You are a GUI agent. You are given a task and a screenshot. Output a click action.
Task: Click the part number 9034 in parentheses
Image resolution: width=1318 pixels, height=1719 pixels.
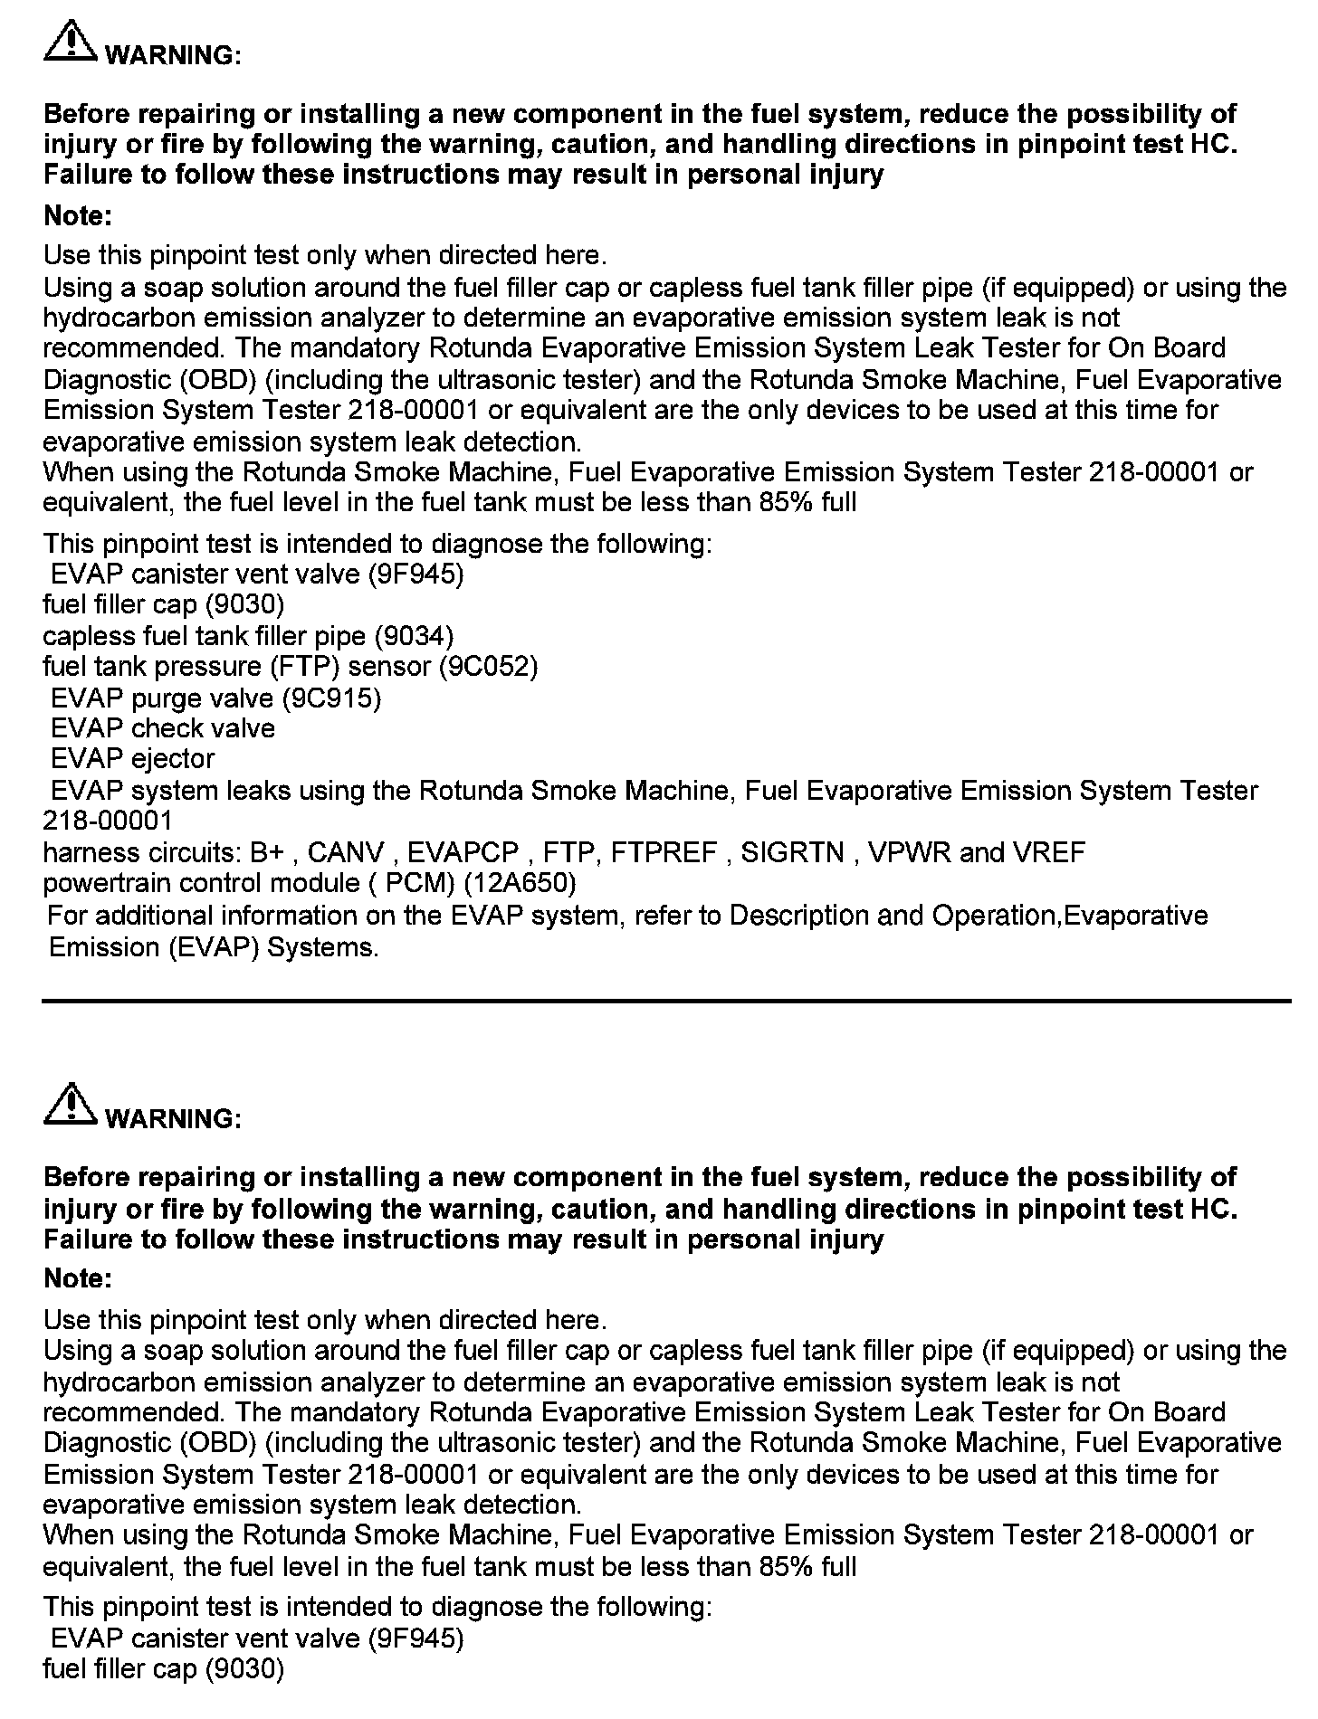pyautogui.click(x=414, y=636)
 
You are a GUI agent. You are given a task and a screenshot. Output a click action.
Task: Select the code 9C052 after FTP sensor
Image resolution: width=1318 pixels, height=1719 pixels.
pyautogui.click(x=489, y=667)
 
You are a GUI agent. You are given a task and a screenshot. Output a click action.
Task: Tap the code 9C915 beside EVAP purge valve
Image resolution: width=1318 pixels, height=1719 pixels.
pyautogui.click(x=331, y=698)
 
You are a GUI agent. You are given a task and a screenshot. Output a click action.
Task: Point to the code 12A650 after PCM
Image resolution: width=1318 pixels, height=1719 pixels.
pyautogui.click(x=519, y=883)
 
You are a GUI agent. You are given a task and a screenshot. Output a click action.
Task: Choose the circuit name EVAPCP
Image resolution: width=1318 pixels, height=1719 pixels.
pyautogui.click(x=463, y=852)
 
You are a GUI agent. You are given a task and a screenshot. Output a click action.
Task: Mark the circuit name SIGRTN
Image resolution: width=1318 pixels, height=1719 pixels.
pyautogui.click(x=792, y=852)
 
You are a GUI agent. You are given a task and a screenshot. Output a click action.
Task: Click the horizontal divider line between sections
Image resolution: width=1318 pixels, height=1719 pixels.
pyautogui.click(x=666, y=1001)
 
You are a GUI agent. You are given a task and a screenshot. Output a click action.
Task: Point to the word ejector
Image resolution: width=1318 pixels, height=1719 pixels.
pyautogui.click(x=173, y=759)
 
